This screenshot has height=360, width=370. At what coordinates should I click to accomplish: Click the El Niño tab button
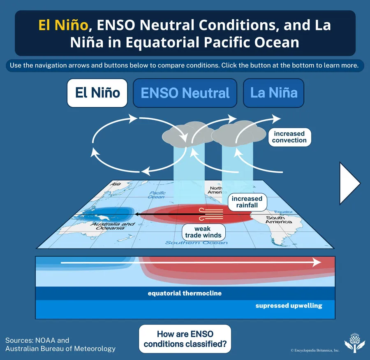point(97,93)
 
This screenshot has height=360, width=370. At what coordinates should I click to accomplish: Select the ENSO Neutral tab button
point(185,93)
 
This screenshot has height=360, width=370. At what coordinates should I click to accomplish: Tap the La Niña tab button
point(273,93)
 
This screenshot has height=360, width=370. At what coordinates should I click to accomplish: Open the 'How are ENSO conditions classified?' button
point(185,339)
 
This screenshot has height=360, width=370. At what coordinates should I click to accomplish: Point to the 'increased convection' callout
point(289,137)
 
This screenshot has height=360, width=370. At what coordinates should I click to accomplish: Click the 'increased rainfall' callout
point(247,202)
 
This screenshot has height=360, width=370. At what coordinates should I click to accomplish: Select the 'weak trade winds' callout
point(203,232)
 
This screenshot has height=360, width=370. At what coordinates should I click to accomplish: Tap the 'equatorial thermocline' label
point(185,293)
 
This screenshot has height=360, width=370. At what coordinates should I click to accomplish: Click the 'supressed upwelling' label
point(289,306)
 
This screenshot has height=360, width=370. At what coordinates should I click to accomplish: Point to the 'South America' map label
point(278,220)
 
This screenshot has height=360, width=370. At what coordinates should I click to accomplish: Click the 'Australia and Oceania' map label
point(113,226)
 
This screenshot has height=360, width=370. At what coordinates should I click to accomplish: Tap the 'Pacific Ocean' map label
point(157,195)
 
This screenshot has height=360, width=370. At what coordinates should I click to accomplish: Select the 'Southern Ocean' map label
point(197,243)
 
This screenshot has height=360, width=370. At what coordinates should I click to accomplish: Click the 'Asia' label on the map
point(116,184)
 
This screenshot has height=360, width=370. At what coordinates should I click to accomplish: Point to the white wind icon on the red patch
point(211,214)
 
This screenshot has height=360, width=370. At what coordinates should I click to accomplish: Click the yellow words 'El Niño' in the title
point(63,25)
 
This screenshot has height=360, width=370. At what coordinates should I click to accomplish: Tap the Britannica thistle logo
point(354,343)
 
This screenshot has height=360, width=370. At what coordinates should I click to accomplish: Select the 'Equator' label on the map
point(283,212)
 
